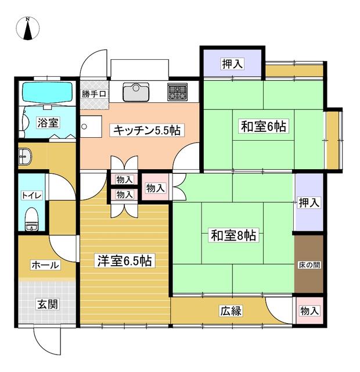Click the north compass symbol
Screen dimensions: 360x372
coord(28,28)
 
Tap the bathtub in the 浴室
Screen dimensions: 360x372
coord(47,93)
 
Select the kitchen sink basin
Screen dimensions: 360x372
coord(136,92)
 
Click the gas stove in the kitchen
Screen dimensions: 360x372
coord(177,92)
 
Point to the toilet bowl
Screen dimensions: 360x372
coord(32,219)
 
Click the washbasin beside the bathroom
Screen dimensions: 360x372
coord(25,156)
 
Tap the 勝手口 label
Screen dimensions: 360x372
coord(94,94)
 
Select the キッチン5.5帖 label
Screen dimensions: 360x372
coord(147,130)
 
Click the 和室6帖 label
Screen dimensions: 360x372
coord(264,126)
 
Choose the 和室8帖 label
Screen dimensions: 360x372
coord(233,235)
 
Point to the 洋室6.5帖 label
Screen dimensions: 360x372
coord(125,260)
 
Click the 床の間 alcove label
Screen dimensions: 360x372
coord(309,265)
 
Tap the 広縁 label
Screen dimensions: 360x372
coord(231,311)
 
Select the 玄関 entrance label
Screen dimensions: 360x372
coord(48,304)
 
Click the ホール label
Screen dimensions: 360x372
coord(45,265)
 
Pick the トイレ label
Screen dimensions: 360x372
coord(32,195)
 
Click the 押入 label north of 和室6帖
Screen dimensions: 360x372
coord(232,63)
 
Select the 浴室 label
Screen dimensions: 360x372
coord(48,123)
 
